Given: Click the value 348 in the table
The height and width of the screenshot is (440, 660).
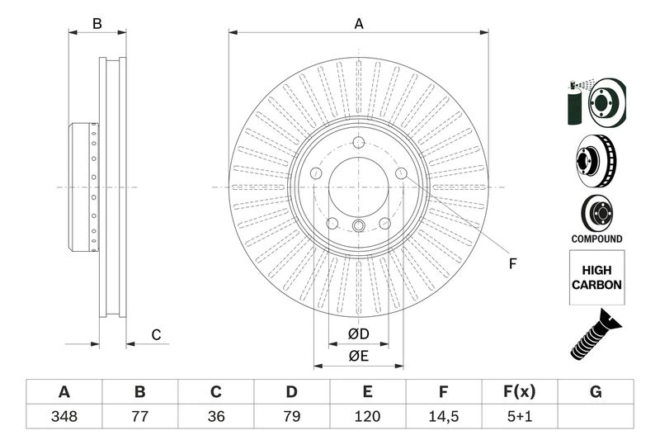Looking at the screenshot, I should (64, 416).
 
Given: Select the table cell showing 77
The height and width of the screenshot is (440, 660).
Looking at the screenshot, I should (139, 416).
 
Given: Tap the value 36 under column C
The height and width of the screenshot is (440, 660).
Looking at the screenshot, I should (215, 416).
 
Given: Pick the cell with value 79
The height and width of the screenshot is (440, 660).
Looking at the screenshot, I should (291, 416).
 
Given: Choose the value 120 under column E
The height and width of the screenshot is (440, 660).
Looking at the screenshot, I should (368, 416).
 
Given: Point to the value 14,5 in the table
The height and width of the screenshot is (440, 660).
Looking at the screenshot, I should (444, 416).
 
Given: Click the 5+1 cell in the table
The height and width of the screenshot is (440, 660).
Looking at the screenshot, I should (520, 416).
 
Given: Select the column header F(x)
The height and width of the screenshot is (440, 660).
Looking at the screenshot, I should (520, 392).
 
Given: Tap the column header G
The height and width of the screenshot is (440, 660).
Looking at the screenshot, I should (596, 392).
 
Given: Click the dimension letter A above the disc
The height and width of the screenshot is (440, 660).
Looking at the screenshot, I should (359, 24).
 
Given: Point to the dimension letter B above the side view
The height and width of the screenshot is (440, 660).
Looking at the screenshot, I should (97, 24).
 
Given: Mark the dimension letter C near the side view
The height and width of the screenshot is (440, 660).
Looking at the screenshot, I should (155, 334).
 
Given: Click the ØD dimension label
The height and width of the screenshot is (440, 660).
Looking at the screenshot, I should (357, 334).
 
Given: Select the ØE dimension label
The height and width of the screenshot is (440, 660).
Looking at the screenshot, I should (357, 356).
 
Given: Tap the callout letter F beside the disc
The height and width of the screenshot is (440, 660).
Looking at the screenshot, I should (511, 264).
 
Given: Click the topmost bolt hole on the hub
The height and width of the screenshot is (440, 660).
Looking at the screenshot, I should (359, 142).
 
